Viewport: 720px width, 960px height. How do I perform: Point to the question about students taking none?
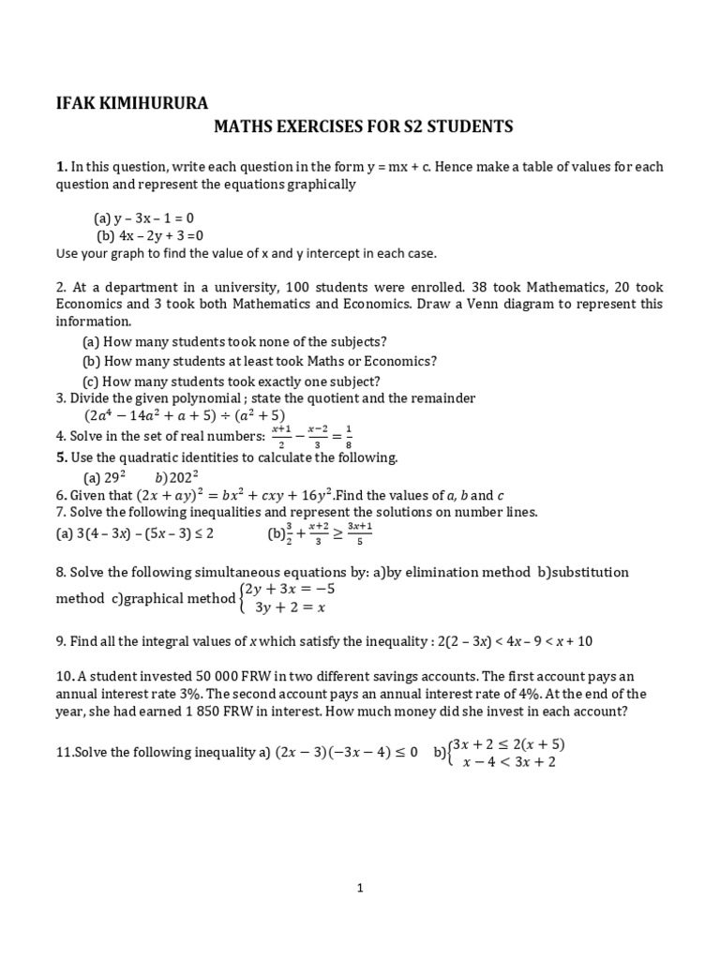tap(234, 341)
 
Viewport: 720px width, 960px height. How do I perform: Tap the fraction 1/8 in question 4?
tap(348, 436)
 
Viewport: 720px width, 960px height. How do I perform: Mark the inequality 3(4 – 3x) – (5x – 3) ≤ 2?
tap(135, 533)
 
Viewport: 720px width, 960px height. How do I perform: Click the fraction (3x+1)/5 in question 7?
tap(359, 532)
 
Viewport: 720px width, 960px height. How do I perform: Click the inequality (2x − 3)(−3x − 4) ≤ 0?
tap(346, 753)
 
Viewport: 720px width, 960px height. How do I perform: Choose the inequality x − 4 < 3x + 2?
tap(509, 762)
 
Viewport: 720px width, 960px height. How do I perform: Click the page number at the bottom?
tap(360, 890)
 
